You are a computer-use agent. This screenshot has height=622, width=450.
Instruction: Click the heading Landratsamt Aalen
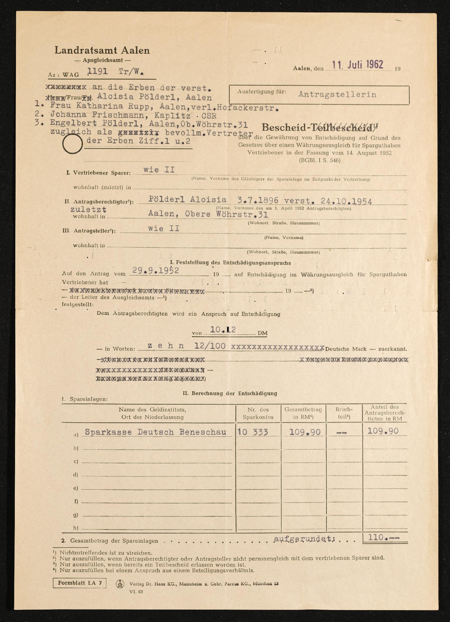[102, 50]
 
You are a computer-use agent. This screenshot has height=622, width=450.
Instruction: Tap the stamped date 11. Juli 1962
[358, 65]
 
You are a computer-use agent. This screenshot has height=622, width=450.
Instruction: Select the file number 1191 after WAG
[97, 72]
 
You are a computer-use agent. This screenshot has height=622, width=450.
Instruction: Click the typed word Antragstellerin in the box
[337, 94]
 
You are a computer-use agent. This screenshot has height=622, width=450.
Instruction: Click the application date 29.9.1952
[156, 271]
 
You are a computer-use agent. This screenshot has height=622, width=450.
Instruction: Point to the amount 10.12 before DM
[223, 330]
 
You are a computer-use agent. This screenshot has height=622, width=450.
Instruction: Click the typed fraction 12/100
[210, 346]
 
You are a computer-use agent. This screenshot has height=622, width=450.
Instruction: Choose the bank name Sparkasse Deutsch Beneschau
[156, 432]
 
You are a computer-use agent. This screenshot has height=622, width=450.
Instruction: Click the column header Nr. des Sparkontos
[258, 414]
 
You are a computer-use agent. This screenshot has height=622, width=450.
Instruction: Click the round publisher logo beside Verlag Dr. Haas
[120, 584]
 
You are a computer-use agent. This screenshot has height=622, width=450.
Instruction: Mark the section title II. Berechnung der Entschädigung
[230, 393]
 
